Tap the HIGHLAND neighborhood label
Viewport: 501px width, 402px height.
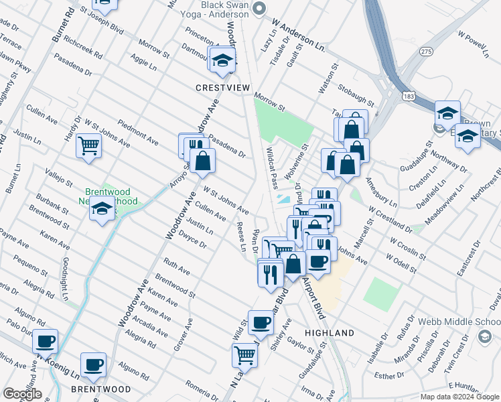[329, 333]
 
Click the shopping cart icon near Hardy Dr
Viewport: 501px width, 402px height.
[88, 145]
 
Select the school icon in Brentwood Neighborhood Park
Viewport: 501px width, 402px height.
[102, 210]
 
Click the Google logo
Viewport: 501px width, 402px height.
[22, 394]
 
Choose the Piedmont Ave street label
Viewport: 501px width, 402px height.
[138, 133]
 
